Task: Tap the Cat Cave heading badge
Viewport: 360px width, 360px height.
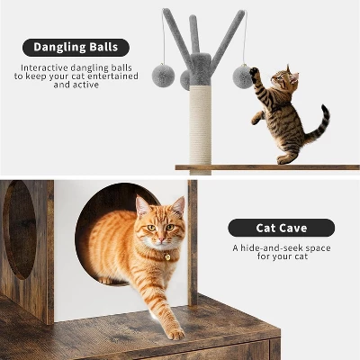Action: click(281, 228)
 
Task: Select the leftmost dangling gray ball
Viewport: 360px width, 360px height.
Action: click(163, 76)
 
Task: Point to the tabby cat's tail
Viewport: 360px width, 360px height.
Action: click(318, 126)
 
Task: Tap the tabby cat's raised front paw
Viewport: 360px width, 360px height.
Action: click(255, 72)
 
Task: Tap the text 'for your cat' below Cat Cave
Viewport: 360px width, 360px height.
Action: click(281, 258)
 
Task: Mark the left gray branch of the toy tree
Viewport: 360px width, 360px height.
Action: click(175, 36)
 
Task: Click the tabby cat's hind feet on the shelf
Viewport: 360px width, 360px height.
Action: click(286, 159)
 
